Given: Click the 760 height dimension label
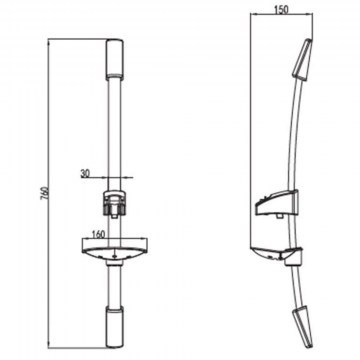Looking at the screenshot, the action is point(45,193).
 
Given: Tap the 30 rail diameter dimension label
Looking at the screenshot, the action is point(85,173).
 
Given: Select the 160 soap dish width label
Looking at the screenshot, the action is point(98,234).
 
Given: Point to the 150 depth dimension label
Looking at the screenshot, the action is point(281,9).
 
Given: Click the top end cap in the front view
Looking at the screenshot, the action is point(115,60).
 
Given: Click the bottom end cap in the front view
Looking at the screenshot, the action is point(115,327).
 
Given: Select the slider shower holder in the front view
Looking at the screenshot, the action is point(115,204).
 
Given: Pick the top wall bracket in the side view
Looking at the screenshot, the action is point(302,60).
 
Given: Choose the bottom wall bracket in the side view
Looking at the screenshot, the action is point(303,327).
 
